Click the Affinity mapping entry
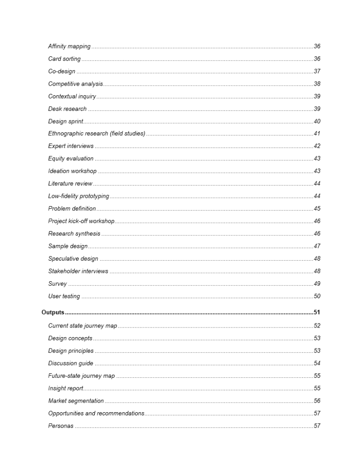(69, 47)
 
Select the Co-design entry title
(62, 71)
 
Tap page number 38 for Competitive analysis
(317, 84)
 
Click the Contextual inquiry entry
(72, 96)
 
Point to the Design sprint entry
(65, 121)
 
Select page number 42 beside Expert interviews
(317, 146)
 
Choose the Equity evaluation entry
(71, 158)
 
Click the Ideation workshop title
(72, 171)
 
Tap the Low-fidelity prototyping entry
(78, 196)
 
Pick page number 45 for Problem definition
(317, 208)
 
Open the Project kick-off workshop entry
(81, 221)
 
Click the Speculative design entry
(73, 259)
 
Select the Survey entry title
(57, 284)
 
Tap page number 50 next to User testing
(317, 296)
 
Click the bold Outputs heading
(53, 312)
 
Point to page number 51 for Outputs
(317, 312)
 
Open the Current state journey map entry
(82, 326)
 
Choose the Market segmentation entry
(76, 401)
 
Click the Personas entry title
(60, 426)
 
